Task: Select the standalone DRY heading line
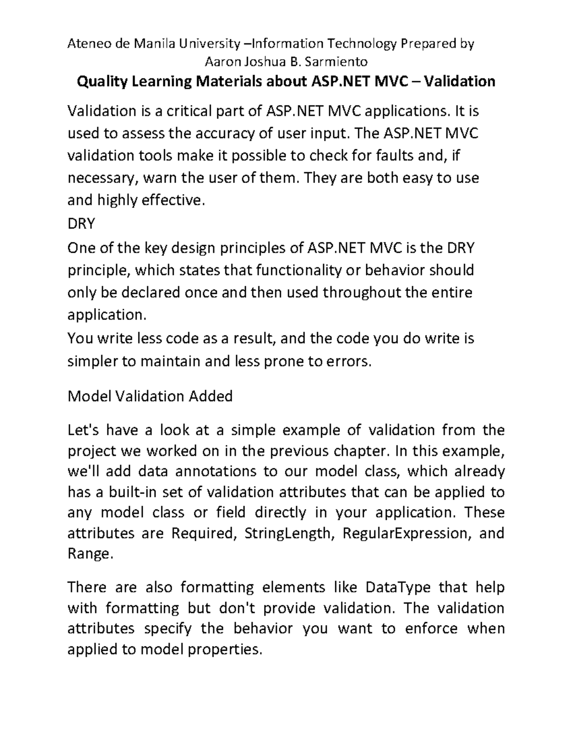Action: (82, 223)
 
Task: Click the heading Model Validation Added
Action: (150, 396)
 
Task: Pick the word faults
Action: (394, 156)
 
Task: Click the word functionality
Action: (299, 270)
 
